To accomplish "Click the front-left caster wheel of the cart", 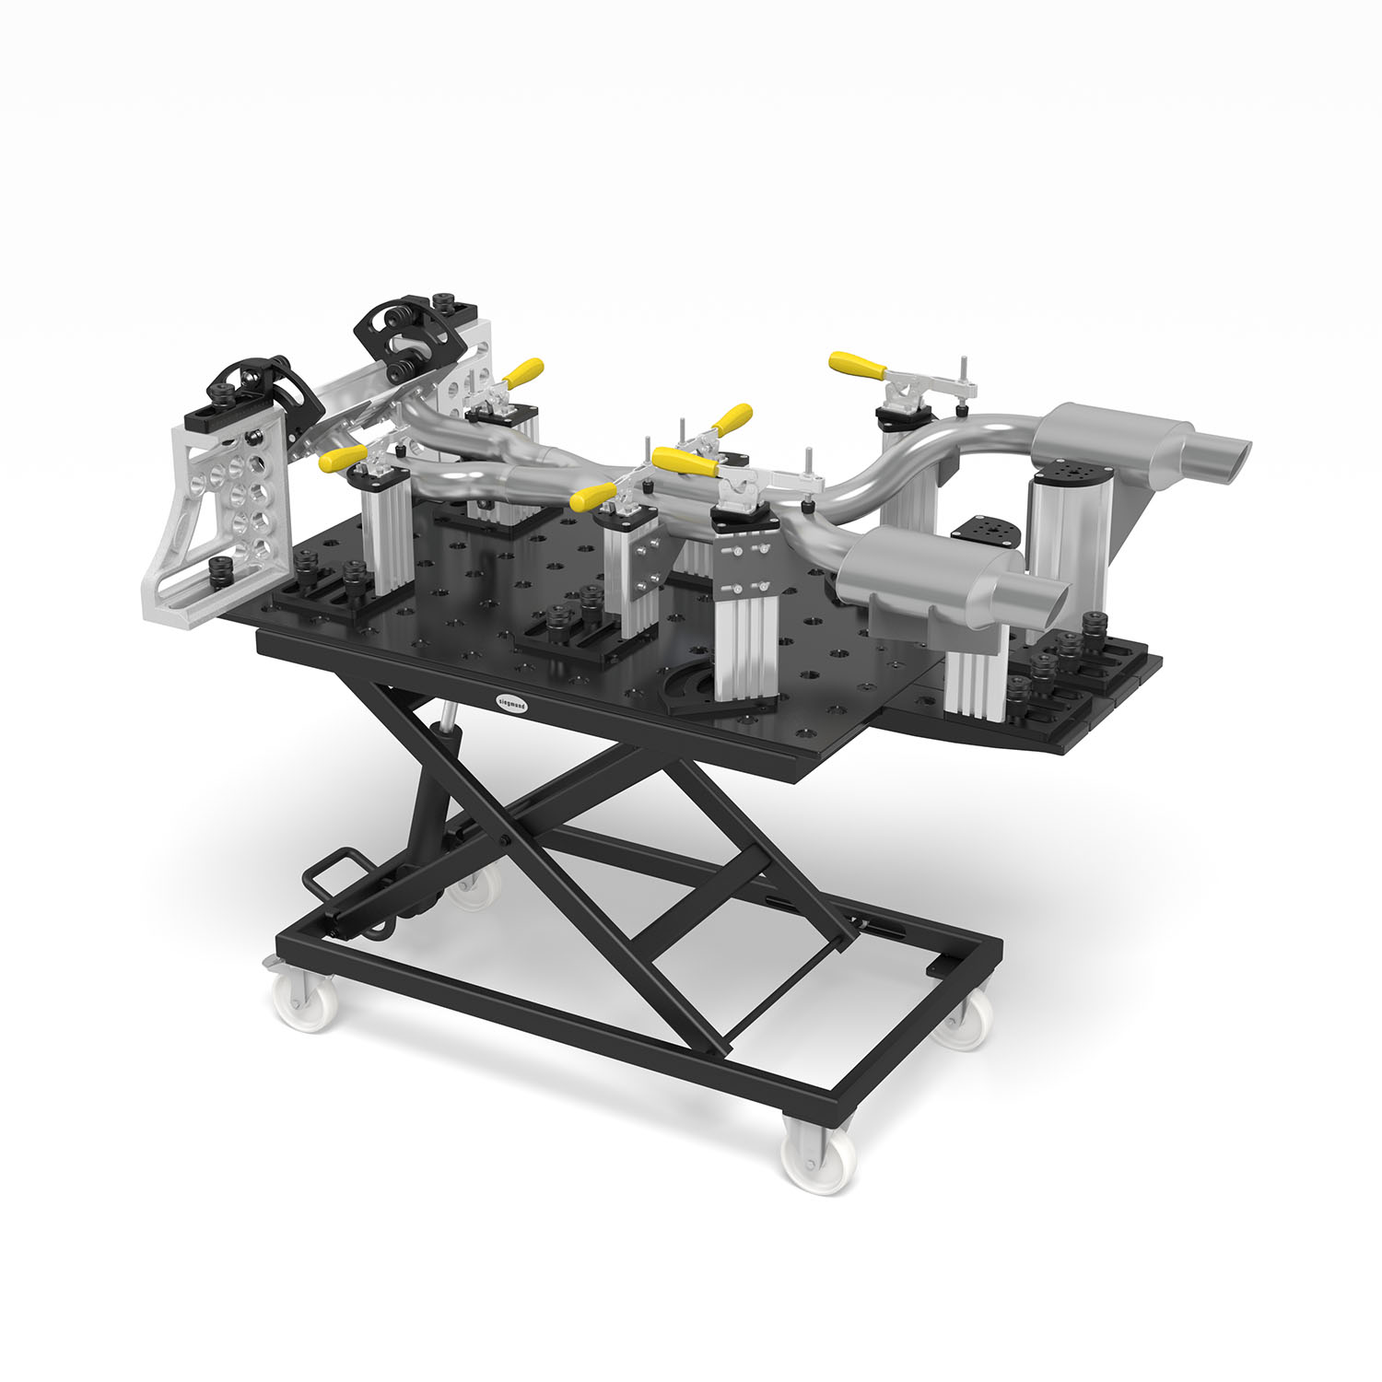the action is (305, 1000).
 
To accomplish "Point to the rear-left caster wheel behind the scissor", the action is (476, 886).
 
